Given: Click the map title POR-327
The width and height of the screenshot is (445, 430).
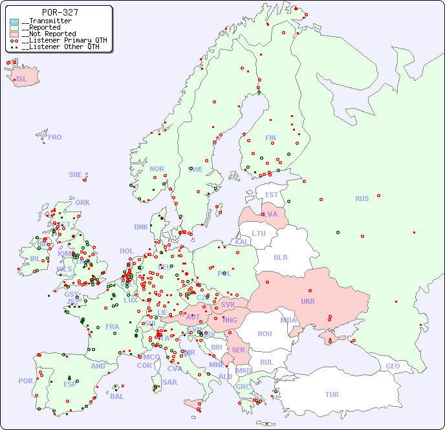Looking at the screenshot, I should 60,12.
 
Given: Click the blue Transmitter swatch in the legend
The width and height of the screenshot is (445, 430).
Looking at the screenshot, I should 14,21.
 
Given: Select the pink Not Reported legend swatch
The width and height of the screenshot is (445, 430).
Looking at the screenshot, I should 14,34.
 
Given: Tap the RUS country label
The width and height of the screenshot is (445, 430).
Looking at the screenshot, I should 362,199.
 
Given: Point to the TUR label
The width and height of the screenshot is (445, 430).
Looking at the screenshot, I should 332,394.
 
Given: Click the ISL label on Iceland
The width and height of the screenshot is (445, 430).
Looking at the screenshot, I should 22,79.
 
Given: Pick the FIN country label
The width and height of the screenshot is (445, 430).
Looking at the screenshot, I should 270,138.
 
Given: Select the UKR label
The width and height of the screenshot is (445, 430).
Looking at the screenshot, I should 308,301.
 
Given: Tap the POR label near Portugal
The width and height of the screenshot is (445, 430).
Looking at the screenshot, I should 25,381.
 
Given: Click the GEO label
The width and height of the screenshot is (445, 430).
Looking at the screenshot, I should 393,366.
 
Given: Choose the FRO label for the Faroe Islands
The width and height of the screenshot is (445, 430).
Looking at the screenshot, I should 55,137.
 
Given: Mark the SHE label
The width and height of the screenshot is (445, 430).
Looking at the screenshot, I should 75,175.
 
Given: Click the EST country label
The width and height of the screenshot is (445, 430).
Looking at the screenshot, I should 272,195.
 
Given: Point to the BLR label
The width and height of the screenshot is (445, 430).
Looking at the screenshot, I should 280,257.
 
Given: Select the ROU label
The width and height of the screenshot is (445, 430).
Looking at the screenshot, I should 265,334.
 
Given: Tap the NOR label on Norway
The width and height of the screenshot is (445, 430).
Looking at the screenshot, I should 157,169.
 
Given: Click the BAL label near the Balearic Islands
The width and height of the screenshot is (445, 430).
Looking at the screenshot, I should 116,396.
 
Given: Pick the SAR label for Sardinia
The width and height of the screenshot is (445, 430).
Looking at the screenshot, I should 169,382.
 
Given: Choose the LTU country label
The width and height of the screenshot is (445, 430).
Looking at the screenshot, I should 259,233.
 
